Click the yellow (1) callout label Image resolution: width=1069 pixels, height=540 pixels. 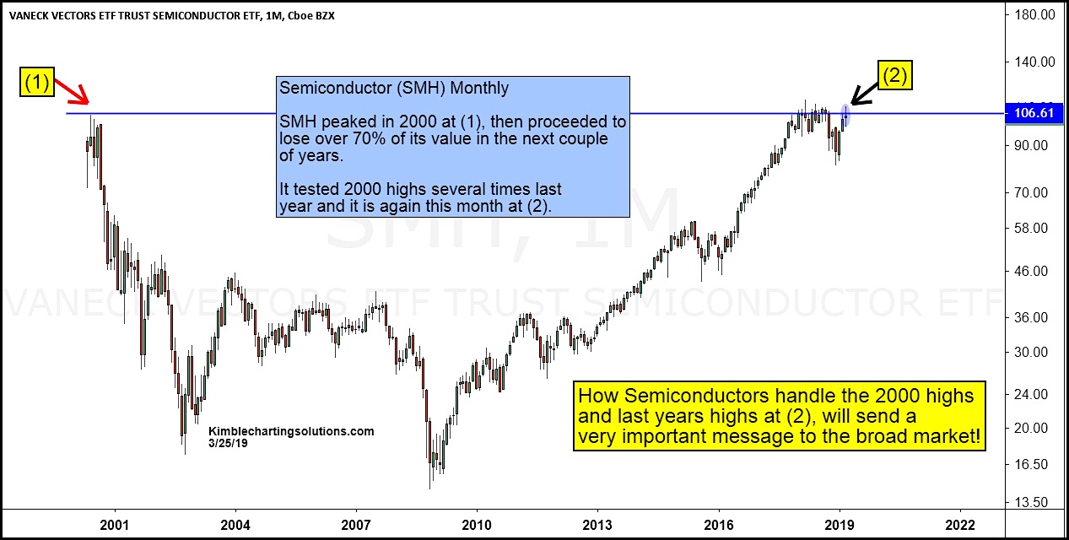point(35,83)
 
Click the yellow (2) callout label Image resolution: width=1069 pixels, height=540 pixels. point(895,76)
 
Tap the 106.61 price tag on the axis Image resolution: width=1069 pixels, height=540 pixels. point(1032,113)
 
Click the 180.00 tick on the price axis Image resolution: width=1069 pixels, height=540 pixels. point(1033,14)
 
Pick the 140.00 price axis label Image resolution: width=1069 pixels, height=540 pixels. point(1033,62)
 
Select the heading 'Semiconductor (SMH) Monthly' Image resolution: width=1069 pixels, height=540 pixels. point(394,88)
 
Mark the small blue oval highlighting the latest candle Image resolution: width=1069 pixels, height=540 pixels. point(845,116)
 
